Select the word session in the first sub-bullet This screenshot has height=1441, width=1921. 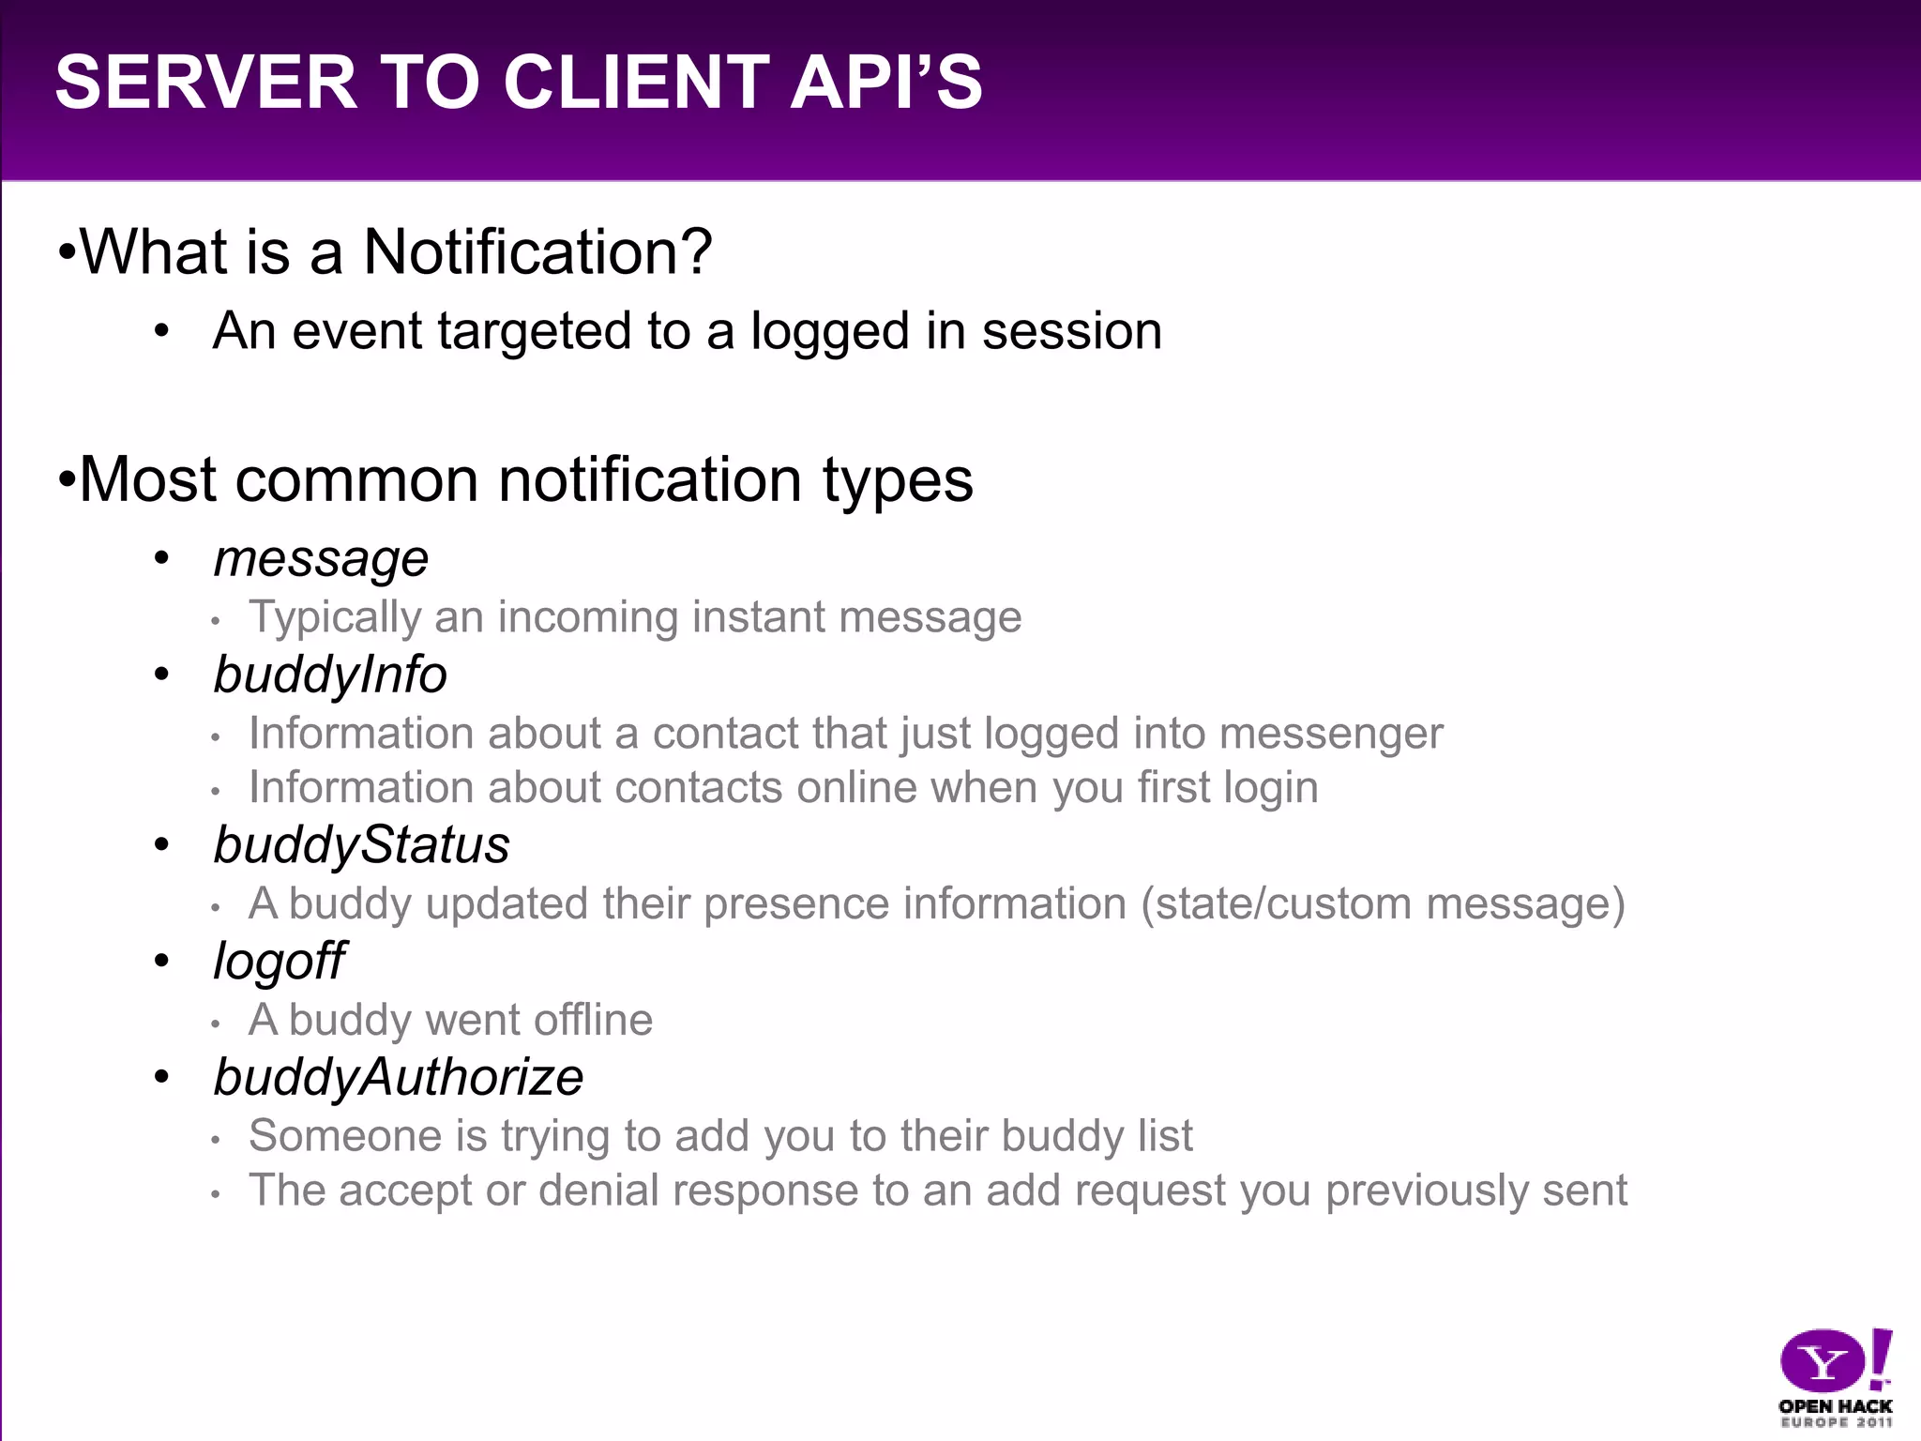coord(1071,331)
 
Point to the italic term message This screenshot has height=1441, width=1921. coord(321,560)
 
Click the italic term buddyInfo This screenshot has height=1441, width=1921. coord(330,675)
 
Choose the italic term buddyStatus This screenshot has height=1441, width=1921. coord(361,845)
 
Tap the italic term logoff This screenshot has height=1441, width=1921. coord(279,962)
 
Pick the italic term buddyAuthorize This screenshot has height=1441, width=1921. coord(398,1077)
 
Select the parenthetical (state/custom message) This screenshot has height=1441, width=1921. coord(1383,904)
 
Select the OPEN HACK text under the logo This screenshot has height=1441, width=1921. coord(1835,1406)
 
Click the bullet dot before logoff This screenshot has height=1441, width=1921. coord(162,961)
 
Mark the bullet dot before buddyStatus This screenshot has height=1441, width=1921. coord(162,845)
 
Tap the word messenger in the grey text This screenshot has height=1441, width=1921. coord(1331,734)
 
